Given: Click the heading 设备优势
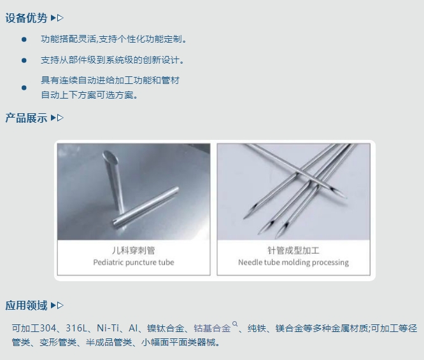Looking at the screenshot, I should tap(26, 18).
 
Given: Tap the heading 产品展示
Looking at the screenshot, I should tap(26, 118).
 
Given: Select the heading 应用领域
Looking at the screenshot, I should tap(26, 305).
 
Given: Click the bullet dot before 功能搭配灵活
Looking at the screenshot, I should tap(24, 39).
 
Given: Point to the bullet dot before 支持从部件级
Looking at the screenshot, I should tap(24, 60).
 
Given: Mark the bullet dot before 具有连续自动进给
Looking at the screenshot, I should tap(24, 87).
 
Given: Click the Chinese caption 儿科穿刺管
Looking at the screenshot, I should tap(133, 250).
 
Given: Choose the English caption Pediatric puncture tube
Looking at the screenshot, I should tap(133, 262).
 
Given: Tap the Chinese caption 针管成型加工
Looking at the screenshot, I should tap(293, 250).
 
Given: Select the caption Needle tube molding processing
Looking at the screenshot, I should tap(293, 262).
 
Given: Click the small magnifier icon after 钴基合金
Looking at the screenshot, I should tap(235, 325).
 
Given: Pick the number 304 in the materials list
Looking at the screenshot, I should tap(48, 328).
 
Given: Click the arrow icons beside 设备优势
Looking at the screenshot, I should tap(57, 18).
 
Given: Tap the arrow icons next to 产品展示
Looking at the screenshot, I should tap(57, 118).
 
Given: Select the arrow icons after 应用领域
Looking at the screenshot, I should tap(57, 305).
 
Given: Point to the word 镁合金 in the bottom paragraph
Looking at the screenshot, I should tap(288, 328).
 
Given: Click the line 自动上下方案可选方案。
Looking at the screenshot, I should tap(89, 95).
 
